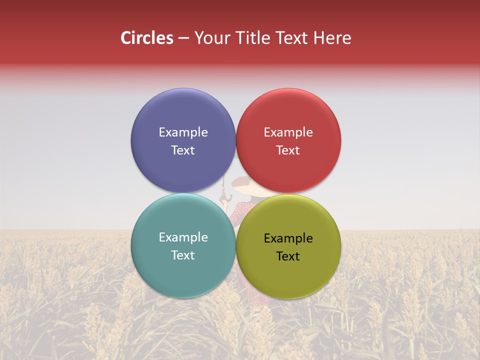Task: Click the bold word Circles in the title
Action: point(146,38)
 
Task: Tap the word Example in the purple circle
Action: point(183,132)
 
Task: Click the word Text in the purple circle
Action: point(183,150)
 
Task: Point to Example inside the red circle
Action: point(288,132)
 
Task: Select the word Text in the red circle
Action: point(288,150)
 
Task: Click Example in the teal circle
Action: point(183,237)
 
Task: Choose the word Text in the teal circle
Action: point(183,255)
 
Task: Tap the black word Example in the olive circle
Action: point(288,238)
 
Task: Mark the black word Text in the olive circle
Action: point(288,256)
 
